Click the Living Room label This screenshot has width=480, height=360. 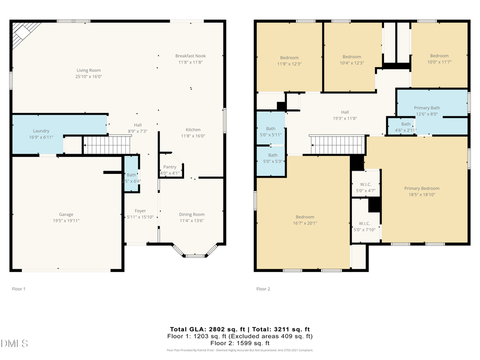pos(89,70)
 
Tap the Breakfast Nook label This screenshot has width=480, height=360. pos(190,56)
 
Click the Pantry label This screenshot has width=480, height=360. pos(170,167)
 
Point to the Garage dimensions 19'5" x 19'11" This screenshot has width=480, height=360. pos(66,220)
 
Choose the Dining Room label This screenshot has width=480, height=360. pos(191,214)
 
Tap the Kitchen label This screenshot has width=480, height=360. pos(193,130)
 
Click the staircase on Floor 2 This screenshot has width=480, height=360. pos(337,144)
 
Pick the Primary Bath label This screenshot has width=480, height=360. pos(427,108)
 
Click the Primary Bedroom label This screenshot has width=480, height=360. pos(421,188)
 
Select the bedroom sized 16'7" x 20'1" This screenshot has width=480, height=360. pos(305,220)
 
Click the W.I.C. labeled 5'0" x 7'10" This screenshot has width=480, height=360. pos(364,226)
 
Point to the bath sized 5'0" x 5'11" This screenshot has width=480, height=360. pos(271,131)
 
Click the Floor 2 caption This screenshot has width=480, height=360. pos(263,289)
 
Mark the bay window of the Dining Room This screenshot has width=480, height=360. pos(195,252)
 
